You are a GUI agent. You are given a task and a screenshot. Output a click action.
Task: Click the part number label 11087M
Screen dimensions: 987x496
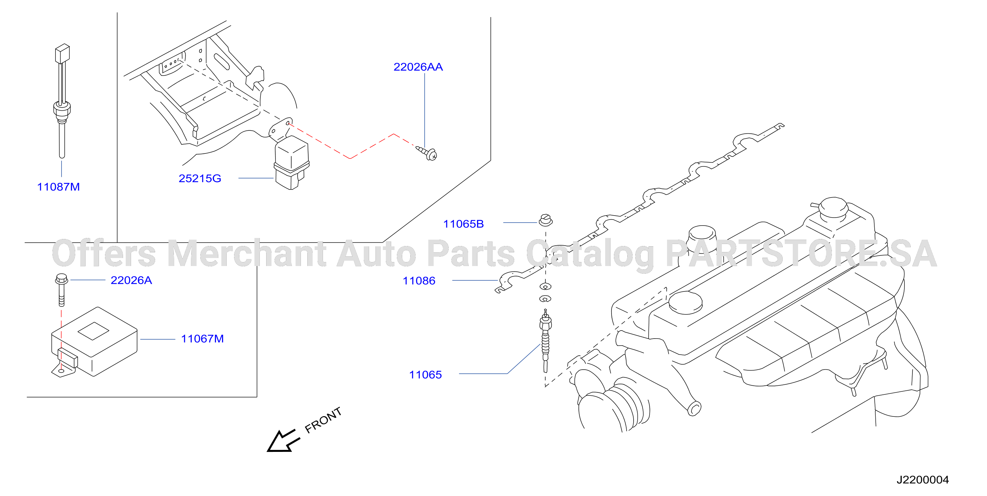coord(58,187)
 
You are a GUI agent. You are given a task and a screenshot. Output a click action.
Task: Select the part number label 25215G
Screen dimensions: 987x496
coord(200,178)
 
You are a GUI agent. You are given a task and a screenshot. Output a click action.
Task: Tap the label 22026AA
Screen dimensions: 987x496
coord(418,67)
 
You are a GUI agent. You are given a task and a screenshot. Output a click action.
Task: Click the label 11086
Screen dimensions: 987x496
coord(419,281)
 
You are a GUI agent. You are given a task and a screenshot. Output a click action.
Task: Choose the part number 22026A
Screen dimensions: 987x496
coord(131,280)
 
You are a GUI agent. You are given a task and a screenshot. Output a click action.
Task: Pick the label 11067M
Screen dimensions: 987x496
coord(202,339)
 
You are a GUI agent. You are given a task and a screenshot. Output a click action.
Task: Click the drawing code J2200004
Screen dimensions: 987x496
coord(922,480)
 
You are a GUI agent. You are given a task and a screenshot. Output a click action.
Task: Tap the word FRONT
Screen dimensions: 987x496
coord(323,420)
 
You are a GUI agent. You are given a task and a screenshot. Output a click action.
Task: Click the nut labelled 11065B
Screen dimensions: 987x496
coord(546,220)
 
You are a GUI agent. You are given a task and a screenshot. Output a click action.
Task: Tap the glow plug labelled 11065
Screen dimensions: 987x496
coord(545,341)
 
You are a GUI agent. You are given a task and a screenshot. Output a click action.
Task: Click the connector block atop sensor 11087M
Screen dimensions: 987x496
coord(62,53)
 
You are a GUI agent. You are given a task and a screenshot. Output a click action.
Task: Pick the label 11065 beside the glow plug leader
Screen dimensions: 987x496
coord(425,375)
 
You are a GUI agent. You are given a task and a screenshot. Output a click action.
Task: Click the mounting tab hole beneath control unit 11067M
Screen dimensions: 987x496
coord(61,371)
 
